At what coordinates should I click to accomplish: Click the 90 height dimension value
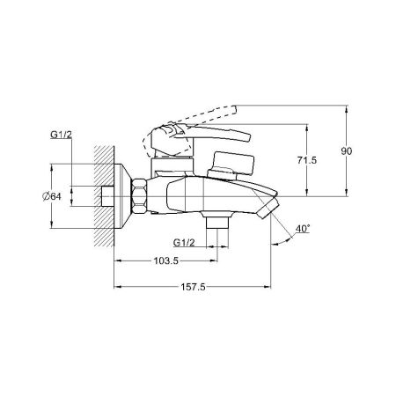point(346,151)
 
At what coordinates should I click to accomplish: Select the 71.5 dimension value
point(307,160)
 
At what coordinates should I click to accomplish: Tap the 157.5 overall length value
point(193,287)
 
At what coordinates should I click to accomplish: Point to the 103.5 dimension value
point(166,260)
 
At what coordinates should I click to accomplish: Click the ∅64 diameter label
point(52,196)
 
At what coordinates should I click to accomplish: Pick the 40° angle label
point(303,229)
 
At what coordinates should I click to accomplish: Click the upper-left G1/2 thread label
point(61,135)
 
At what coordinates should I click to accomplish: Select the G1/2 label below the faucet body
point(184,243)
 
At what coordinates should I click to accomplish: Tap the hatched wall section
point(104,196)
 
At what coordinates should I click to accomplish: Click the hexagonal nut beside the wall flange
point(139,196)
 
